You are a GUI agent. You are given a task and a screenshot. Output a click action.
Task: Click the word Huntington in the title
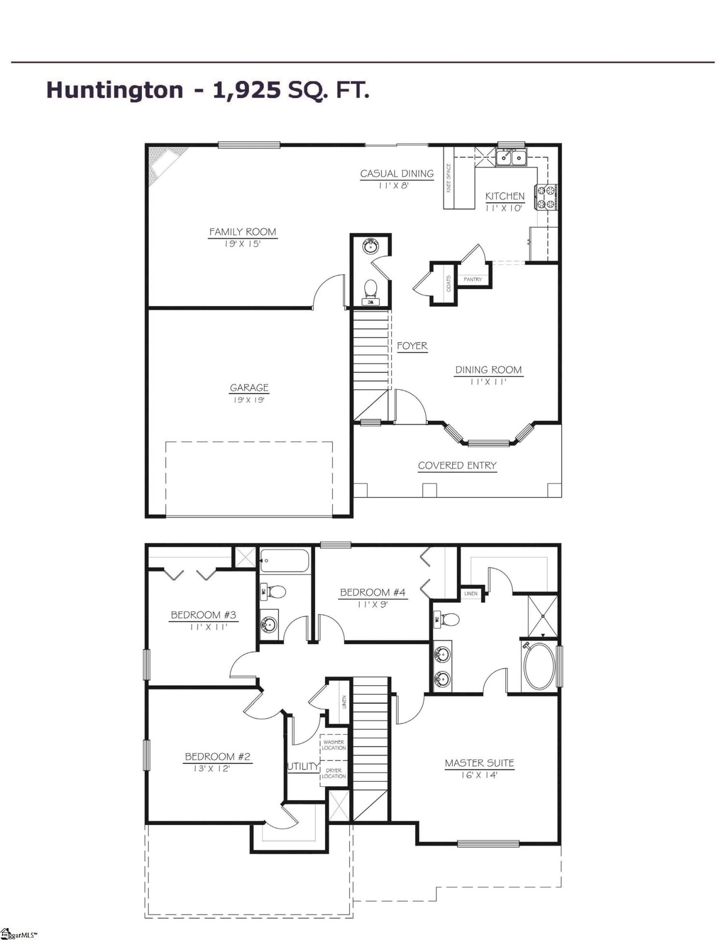click(x=115, y=91)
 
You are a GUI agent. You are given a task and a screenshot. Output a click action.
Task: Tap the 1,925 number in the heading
click(x=247, y=91)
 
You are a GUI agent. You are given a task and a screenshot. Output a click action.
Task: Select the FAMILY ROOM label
click(x=243, y=232)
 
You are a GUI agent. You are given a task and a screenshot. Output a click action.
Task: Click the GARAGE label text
click(x=249, y=388)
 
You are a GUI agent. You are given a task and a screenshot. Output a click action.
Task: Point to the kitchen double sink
click(x=511, y=157)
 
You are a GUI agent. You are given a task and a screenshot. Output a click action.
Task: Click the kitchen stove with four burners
click(x=548, y=197)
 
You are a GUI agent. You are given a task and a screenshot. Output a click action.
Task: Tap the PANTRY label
click(x=472, y=280)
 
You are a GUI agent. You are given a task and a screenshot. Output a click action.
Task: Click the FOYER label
click(x=412, y=346)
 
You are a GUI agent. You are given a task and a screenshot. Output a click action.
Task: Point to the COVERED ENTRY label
click(x=457, y=466)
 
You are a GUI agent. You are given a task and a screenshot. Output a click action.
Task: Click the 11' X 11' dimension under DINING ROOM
click(x=488, y=382)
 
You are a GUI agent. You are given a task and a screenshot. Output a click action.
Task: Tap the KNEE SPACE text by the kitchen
click(x=449, y=179)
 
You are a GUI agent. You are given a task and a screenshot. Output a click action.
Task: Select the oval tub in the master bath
click(x=539, y=668)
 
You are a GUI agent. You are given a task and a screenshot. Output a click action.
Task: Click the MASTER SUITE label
click(x=479, y=763)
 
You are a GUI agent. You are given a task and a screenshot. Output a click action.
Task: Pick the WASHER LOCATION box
click(x=334, y=745)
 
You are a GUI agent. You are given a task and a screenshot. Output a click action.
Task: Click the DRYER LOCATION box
click(x=334, y=773)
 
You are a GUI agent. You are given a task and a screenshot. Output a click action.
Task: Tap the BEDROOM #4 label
click(x=373, y=593)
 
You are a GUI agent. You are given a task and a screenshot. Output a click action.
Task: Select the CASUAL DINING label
click(x=397, y=174)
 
